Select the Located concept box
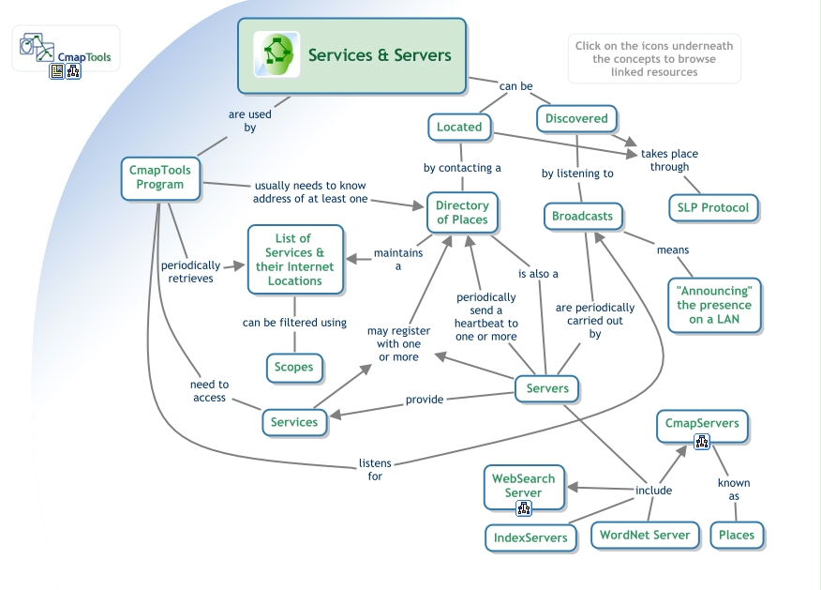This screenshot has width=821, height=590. (459, 128)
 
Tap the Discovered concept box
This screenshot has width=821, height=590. (576, 119)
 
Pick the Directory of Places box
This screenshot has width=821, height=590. (462, 213)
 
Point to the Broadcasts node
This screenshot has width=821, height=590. (582, 217)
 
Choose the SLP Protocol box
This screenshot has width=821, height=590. (712, 207)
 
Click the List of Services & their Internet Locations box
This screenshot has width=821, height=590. (293, 260)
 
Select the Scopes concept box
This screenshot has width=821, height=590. (293, 367)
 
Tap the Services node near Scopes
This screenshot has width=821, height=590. (293, 422)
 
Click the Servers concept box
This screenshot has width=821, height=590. (547, 388)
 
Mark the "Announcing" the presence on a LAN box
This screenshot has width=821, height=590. (714, 305)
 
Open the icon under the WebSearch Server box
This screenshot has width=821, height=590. (524, 509)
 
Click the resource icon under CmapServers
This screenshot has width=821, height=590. (702, 442)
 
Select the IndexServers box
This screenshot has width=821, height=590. (530, 537)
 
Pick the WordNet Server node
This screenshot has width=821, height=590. (645, 536)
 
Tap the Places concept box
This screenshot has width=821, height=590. (737, 536)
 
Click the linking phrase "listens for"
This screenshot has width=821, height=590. (375, 469)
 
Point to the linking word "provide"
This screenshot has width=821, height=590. (425, 400)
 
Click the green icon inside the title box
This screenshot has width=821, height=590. (276, 55)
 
